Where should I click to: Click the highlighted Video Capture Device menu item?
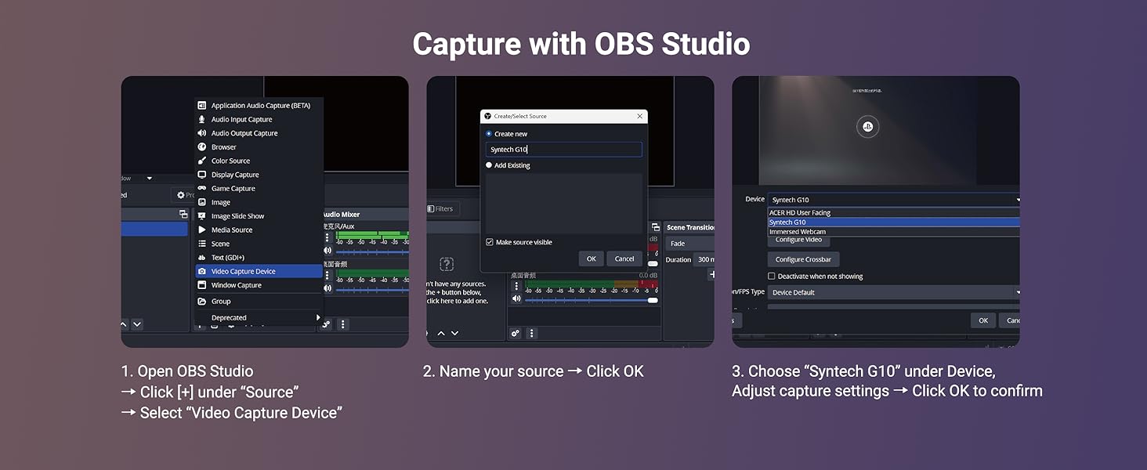244,271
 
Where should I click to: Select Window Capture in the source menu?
237,285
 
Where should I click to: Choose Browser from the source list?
224,147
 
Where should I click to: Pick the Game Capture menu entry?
233,189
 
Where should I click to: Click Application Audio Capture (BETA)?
261,106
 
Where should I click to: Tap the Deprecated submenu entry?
229,318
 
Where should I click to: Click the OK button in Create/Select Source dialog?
591,258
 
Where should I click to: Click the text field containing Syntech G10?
564,150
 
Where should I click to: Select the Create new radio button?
489,134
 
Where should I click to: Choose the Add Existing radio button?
489,165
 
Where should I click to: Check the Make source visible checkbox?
490,242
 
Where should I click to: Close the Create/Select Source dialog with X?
639,116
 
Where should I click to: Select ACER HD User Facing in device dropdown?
800,212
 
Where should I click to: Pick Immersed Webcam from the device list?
797,232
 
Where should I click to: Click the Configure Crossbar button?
803,259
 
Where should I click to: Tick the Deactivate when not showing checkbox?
772,277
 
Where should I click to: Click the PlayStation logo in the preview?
867,127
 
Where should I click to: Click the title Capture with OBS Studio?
581,44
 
